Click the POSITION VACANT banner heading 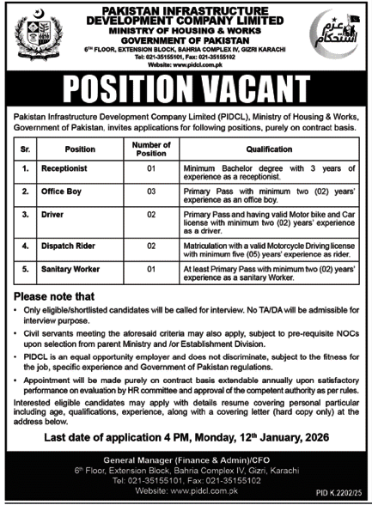click(186, 88)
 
